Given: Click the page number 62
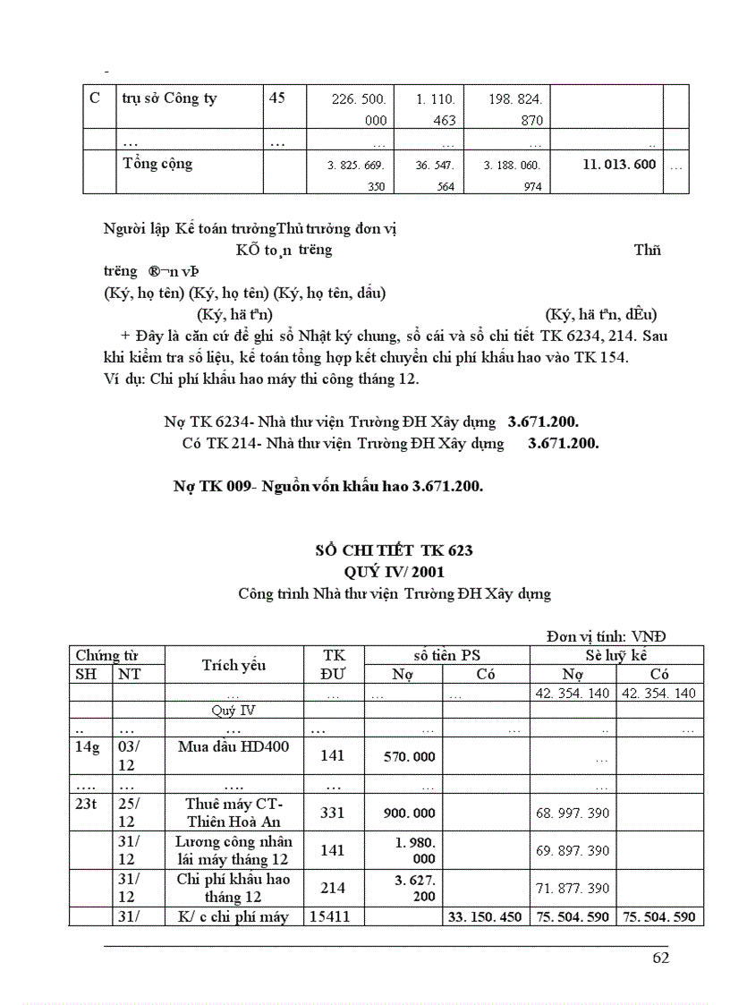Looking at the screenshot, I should point(661,958).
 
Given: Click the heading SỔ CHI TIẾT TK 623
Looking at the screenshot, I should point(395,549).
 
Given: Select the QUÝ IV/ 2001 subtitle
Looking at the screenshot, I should point(395,571).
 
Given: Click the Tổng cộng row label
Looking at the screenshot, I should point(157,164).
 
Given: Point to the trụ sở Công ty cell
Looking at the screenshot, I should point(169,98).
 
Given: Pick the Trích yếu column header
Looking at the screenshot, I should point(233,664).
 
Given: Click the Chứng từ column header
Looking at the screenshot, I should point(107,656).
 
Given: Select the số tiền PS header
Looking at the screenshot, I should point(446,656).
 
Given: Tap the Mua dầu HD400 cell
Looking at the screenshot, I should point(233,746).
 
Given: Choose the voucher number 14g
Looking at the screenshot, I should point(88,746).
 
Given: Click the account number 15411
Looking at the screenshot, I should point(333,916).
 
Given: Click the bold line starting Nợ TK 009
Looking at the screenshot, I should point(328,486).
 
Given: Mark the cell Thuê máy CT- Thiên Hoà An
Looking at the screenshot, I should point(233,812).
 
